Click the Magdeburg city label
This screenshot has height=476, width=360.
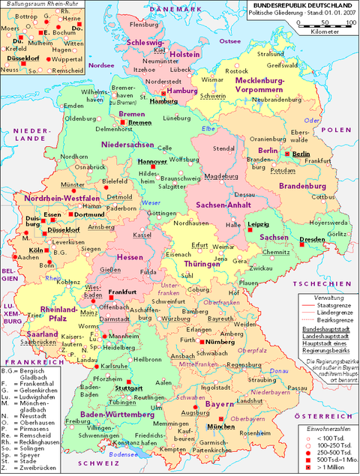(x=216, y=176)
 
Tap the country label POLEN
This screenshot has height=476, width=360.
(x=336, y=130)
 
